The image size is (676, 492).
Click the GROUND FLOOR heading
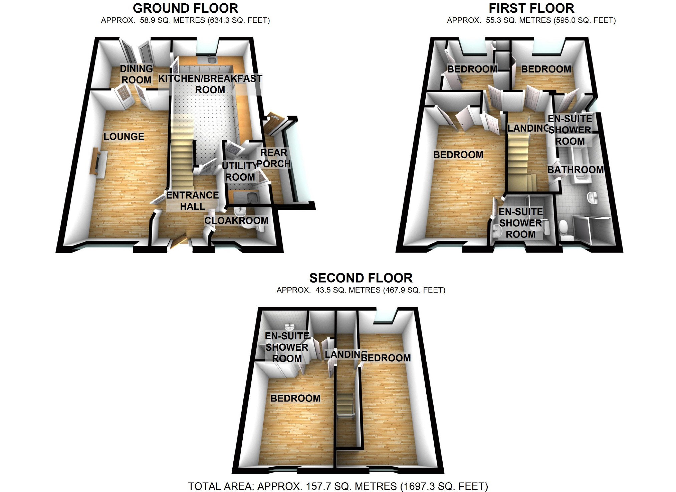(x=185, y=8)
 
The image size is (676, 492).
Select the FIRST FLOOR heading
(x=531, y=8)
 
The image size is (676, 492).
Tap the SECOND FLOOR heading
(x=361, y=278)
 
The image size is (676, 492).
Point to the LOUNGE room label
(x=124, y=136)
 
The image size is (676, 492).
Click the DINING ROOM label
(x=136, y=74)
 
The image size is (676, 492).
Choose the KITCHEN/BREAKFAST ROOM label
(x=210, y=84)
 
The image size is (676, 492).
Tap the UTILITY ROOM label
(x=240, y=171)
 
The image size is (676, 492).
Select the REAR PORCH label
(x=274, y=158)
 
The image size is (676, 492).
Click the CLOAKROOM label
(x=236, y=220)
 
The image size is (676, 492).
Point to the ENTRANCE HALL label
(x=193, y=200)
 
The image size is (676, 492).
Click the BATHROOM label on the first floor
(x=576, y=170)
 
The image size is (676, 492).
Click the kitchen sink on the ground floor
(x=211, y=60)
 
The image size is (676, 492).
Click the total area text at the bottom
(x=338, y=486)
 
